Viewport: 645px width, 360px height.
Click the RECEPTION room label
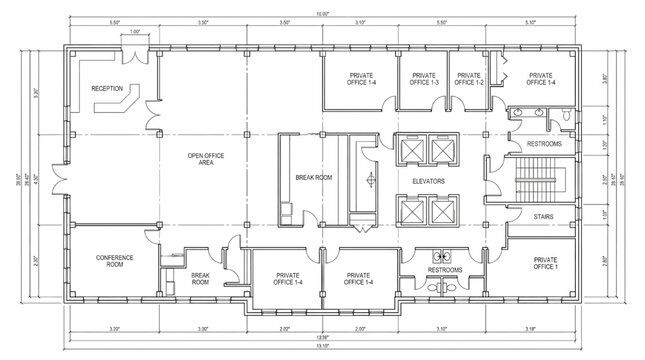point(107,89)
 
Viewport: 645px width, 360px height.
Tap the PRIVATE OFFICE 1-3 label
point(424,78)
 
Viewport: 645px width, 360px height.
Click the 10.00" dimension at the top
point(319,15)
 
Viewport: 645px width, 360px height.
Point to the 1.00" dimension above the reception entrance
point(134,32)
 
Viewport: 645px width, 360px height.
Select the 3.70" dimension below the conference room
point(116,328)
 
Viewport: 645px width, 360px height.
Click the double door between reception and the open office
point(151,123)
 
